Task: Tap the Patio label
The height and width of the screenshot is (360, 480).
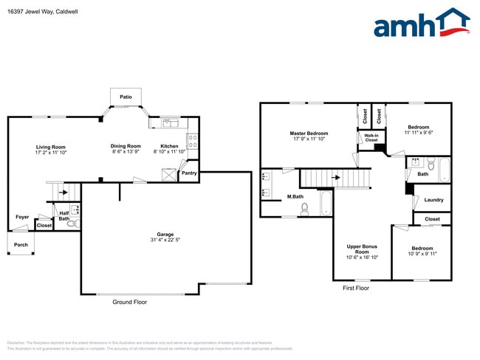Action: [126, 97]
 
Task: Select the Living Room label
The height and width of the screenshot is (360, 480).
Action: [51, 146]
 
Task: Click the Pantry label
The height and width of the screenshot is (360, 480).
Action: [189, 173]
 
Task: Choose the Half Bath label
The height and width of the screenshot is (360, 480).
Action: [64, 215]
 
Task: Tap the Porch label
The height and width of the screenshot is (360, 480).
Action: [21, 244]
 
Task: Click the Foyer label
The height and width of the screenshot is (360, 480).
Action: [23, 217]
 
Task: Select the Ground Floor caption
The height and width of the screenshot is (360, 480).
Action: [129, 302]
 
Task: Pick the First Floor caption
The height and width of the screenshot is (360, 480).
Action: [356, 288]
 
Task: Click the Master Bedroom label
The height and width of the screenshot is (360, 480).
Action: [309, 133]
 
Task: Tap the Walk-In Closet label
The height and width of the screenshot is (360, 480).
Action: [371, 137]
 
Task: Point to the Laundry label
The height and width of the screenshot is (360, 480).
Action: [433, 199]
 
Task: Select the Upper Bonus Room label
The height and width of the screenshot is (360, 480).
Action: [362, 249]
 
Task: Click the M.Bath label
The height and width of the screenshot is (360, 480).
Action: [295, 196]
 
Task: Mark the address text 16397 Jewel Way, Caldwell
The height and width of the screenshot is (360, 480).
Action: [43, 11]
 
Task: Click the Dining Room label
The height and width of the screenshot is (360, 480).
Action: [126, 146]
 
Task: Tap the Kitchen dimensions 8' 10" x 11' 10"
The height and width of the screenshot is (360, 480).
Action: [170, 152]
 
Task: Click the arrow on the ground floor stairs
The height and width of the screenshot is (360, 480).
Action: [64, 193]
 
